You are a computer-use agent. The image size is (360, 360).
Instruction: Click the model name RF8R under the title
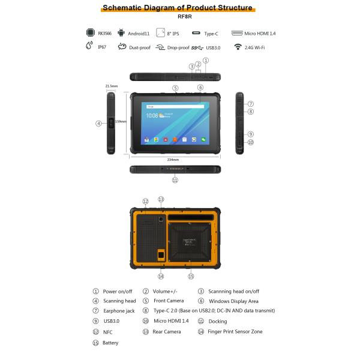tap(180, 18)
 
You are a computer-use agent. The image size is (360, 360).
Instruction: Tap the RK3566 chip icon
tap(90, 33)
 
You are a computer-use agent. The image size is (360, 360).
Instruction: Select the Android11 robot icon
tap(122, 33)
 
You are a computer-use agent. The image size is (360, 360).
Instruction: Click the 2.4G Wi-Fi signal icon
tap(238, 47)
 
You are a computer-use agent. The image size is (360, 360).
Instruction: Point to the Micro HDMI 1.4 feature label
tap(265, 34)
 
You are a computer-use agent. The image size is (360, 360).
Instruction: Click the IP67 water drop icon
tap(90, 47)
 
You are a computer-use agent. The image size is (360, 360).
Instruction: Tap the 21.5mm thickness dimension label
tap(111, 86)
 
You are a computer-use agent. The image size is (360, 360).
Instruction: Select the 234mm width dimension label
tap(174, 160)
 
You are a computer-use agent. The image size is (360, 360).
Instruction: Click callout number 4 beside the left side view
tap(98, 124)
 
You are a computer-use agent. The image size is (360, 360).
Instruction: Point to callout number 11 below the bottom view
tap(175, 179)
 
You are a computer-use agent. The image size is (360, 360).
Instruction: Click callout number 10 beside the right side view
tap(251, 142)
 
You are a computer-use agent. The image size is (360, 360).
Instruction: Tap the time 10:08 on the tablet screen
tap(152, 116)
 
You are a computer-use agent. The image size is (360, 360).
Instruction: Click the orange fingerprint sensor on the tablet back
tap(161, 256)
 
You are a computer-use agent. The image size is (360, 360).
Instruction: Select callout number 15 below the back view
tap(191, 277)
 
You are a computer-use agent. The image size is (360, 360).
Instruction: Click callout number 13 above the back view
tap(161, 199)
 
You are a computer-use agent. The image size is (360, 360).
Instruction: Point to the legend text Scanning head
tap(119, 301)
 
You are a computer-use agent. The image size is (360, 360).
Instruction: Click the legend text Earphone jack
tap(119, 311)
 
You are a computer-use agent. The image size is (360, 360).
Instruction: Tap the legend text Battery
tap(110, 343)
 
